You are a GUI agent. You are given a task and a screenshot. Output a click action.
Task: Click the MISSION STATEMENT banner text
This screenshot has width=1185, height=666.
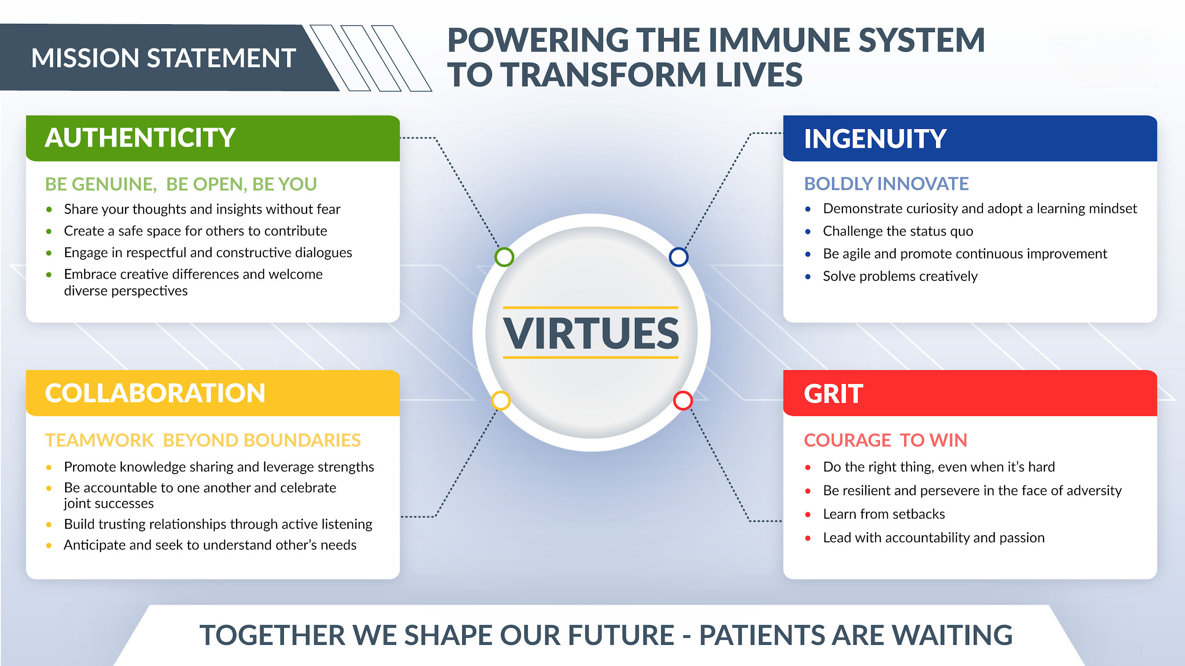(163, 59)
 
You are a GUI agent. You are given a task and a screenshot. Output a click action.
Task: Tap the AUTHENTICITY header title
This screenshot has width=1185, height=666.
(140, 137)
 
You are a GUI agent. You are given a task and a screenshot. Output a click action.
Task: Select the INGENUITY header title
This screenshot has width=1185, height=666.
(875, 139)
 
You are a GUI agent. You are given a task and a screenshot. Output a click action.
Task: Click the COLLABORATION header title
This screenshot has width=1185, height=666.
(155, 393)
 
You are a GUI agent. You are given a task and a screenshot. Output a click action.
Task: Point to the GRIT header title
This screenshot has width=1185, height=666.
(833, 394)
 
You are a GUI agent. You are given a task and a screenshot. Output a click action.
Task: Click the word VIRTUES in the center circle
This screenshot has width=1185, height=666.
(591, 333)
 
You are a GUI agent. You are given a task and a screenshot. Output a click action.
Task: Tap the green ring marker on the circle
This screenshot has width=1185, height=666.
(504, 257)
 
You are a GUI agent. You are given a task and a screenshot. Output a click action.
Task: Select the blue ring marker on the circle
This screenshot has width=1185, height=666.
(678, 257)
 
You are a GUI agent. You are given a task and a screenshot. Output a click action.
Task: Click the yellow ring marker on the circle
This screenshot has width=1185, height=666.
(500, 400)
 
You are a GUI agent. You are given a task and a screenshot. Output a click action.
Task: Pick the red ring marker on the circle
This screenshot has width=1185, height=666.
(683, 400)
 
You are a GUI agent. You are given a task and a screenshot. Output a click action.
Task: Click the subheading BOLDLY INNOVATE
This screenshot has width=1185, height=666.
(886, 184)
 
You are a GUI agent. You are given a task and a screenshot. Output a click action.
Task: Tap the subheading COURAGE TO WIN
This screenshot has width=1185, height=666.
(885, 440)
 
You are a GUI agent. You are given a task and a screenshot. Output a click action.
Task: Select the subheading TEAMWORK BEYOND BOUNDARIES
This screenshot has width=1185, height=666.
(203, 440)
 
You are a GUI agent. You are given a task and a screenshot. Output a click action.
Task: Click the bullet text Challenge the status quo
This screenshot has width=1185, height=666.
(898, 231)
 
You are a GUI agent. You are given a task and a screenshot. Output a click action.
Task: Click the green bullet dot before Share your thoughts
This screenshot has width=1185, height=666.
(49, 209)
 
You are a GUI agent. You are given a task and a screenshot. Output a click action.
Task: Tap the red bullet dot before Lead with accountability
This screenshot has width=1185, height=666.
(808, 538)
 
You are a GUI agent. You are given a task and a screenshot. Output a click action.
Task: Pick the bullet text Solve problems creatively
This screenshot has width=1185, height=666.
(900, 276)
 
